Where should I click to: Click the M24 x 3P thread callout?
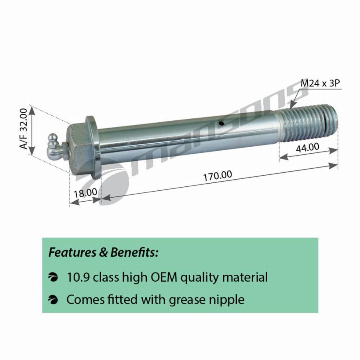tap(320, 83)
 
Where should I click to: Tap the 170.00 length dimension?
tap(218, 176)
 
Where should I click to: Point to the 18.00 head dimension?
tap(85, 192)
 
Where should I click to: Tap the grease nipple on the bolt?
tap(55, 146)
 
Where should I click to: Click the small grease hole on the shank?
tap(221, 123)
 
